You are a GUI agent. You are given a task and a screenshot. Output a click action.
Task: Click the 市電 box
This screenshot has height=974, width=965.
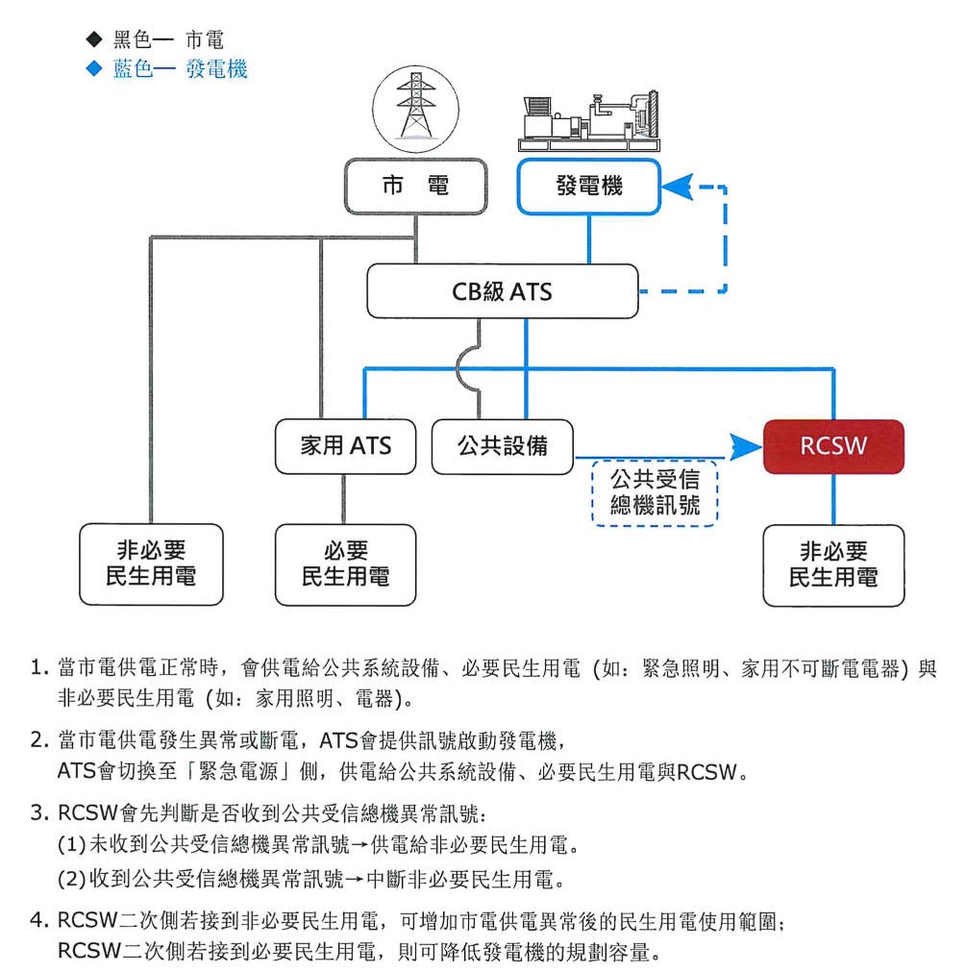point(415,186)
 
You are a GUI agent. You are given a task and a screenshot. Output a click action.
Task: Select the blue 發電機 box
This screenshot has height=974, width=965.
point(589,186)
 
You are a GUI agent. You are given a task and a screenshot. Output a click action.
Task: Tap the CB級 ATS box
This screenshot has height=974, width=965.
point(502,290)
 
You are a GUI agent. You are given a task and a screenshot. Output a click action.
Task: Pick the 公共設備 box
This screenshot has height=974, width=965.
point(503,446)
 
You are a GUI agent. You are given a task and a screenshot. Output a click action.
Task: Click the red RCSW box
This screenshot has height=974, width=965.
point(833,446)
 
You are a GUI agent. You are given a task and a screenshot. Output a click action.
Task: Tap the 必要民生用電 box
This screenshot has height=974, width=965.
point(345,564)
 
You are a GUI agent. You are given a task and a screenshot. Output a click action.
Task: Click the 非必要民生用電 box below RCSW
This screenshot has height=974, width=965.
point(833,564)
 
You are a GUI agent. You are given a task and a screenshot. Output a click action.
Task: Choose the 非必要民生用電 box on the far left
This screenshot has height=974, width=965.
point(151,564)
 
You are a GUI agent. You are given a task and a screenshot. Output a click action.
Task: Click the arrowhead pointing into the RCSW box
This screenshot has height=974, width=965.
point(741,445)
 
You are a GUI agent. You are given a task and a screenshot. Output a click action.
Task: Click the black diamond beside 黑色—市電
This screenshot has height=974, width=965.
point(93,40)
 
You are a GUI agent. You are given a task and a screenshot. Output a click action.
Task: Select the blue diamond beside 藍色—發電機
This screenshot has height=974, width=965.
point(93,69)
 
